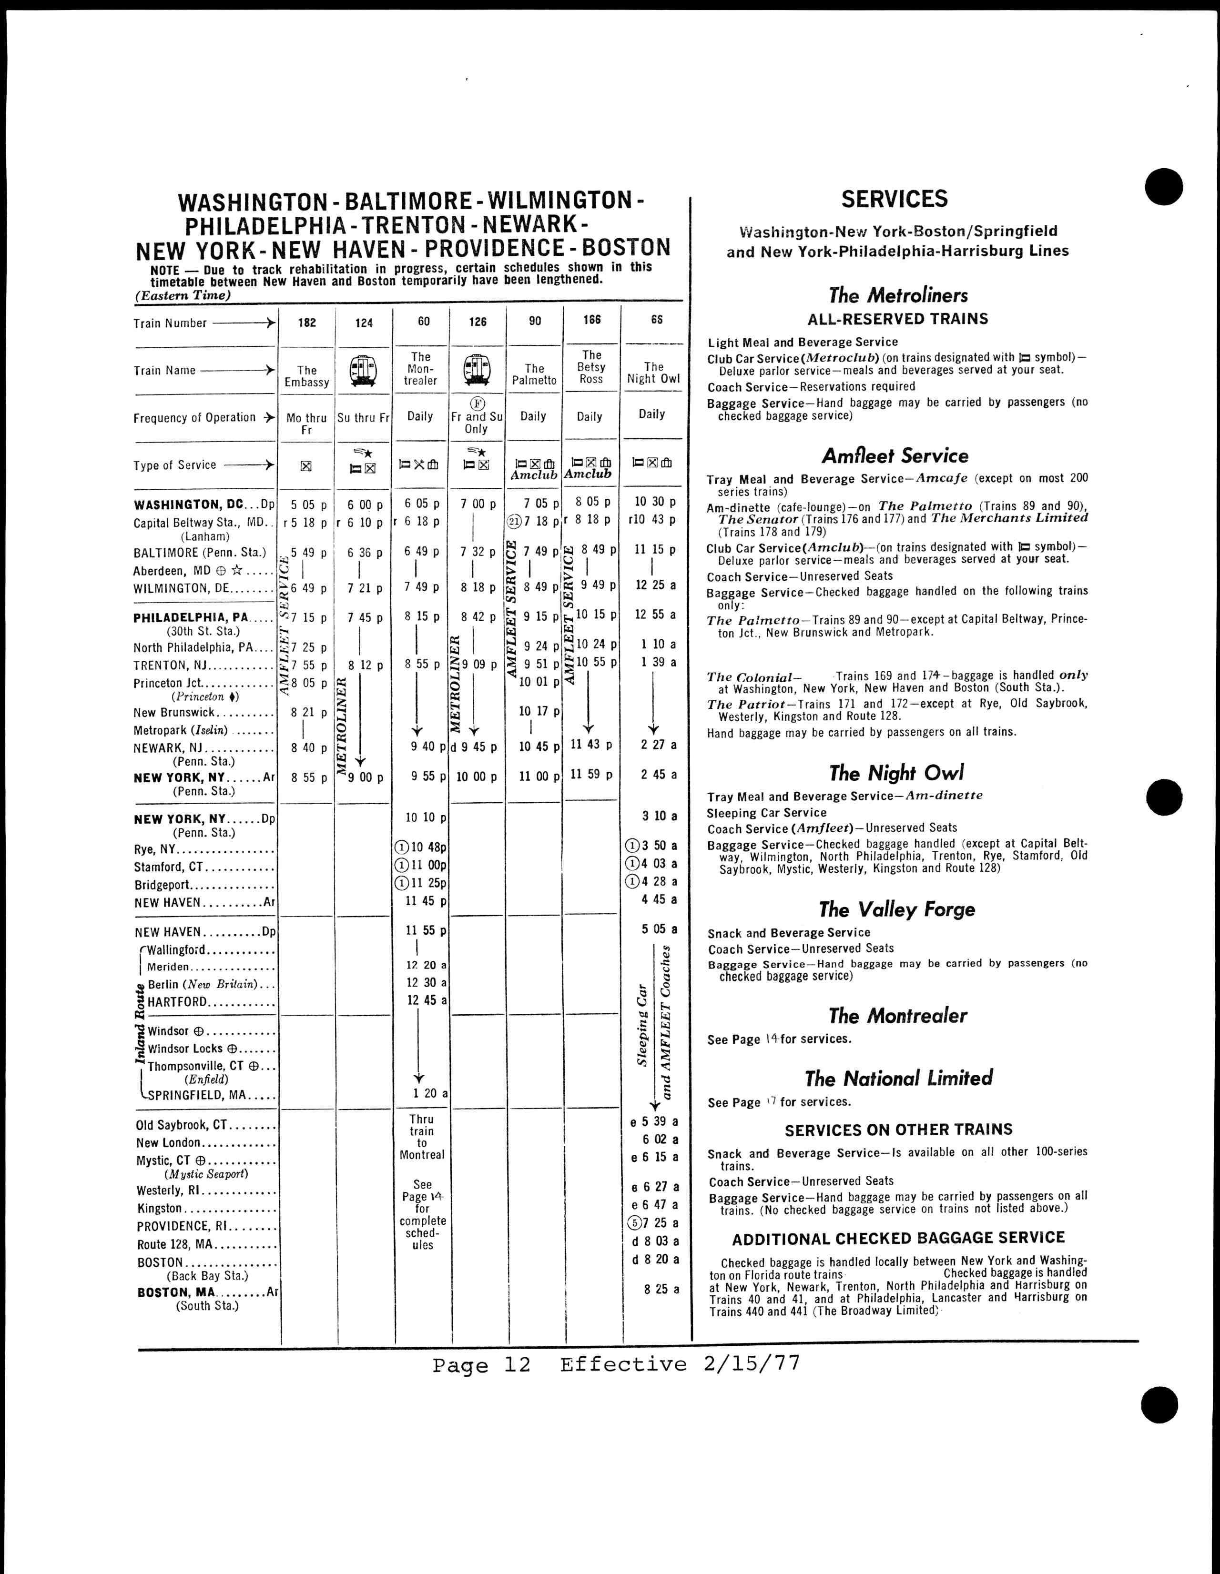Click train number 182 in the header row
[307, 323]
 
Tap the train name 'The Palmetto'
[534, 374]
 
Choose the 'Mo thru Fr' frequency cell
[306, 423]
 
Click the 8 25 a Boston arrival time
[661, 1289]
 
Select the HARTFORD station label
[177, 1002]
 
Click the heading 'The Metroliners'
[898, 295]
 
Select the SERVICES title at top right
[894, 199]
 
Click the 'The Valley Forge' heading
[896, 909]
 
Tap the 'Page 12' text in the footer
[481, 1364]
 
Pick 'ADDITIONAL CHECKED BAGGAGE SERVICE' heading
[898, 1238]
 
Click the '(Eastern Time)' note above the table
[183, 295]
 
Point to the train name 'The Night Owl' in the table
[653, 373]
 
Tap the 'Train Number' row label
[170, 323]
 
